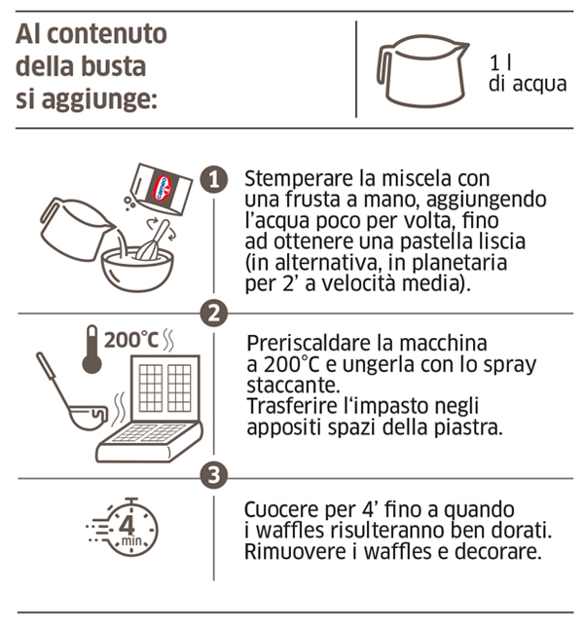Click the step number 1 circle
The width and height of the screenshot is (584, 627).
pos(214,179)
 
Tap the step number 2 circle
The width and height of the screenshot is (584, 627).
pos(214,313)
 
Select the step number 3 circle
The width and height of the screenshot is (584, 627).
pos(214,475)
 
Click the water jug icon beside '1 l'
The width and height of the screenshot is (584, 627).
pos(422,71)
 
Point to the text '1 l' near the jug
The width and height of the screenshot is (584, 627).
pos(501,62)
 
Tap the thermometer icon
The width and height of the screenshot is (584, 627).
pos(91,349)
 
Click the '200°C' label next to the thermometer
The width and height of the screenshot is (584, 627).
pos(131,340)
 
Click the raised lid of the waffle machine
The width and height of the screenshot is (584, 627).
pos(165,387)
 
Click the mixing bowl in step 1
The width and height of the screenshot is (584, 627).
pos(137,269)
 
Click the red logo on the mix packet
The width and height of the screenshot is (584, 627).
pos(162,188)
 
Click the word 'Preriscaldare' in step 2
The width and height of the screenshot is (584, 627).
pos(310,343)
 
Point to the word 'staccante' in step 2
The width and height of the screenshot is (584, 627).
pos(293,386)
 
